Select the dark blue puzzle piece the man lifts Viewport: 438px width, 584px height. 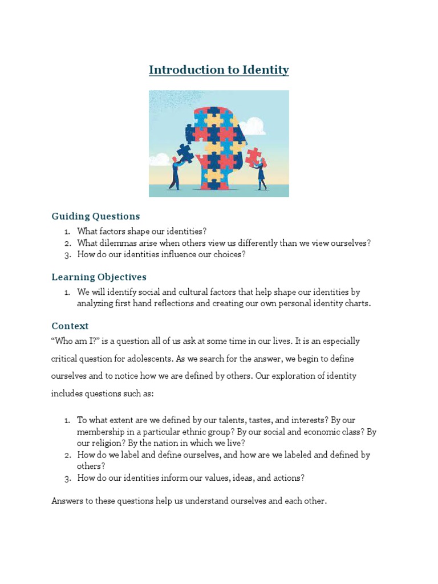(x=184, y=152)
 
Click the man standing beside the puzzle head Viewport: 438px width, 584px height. (x=175, y=175)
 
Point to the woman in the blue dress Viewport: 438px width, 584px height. (x=261, y=176)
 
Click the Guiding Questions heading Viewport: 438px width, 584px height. (x=95, y=216)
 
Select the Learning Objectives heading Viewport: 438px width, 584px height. (x=99, y=277)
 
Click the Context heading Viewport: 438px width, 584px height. (x=70, y=326)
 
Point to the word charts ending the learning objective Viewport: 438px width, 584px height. (x=357, y=303)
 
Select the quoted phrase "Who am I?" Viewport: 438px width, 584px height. (x=72, y=342)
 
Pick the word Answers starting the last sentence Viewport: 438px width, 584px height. (x=66, y=501)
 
